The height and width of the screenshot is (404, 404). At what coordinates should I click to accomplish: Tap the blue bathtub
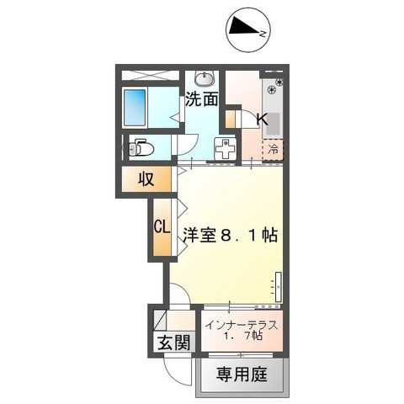click(x=136, y=107)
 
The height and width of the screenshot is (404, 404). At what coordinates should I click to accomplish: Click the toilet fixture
click(x=141, y=148)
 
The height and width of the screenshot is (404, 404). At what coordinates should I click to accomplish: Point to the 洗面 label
click(x=203, y=99)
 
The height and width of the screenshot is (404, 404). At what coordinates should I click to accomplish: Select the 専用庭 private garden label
click(x=242, y=375)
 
